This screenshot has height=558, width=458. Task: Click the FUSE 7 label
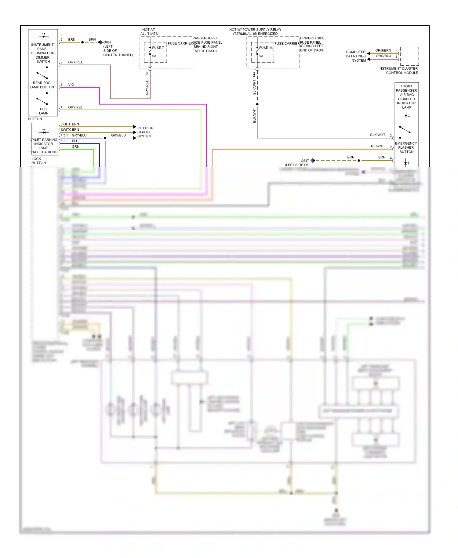tap(158, 48)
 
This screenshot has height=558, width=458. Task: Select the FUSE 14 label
tap(266, 48)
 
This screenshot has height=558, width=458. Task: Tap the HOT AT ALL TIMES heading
tap(149, 32)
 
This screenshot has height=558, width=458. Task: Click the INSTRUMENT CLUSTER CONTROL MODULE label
tap(398, 71)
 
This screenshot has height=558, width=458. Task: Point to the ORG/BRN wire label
tap(383, 50)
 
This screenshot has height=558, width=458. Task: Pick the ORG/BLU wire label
tap(383, 56)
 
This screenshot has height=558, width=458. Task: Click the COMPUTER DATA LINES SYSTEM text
tap(356, 56)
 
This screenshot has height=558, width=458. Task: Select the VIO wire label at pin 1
tap(71, 85)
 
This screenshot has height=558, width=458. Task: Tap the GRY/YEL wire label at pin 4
tap(75, 107)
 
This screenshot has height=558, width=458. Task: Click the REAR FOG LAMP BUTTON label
tap(42, 85)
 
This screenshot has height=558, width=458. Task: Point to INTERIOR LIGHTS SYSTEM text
tap(145, 132)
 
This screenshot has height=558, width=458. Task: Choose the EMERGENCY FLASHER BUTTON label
tap(406, 147)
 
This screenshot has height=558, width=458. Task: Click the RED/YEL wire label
tap(378, 146)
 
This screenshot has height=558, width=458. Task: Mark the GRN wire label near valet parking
tap(75, 147)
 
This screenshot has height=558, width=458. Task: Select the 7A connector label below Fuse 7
tap(147, 74)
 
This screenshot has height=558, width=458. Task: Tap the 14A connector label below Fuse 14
tap(254, 74)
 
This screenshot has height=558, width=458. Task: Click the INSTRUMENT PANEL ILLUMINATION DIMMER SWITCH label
tap(42, 53)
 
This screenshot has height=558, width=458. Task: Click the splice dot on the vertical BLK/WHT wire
tap(257, 104)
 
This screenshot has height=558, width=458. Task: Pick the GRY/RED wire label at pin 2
tap(76, 62)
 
